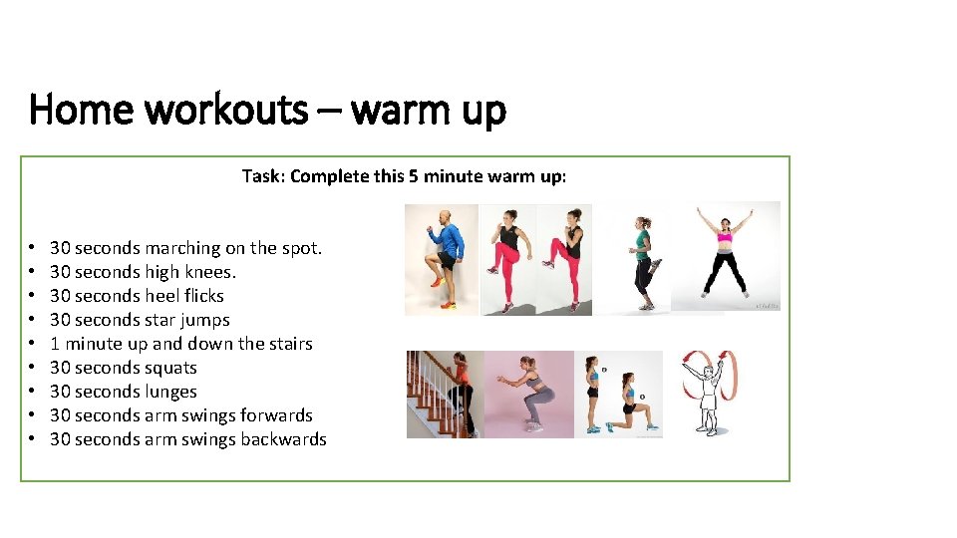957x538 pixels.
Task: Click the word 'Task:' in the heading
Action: pos(263,176)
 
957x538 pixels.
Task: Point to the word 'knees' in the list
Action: pos(207,272)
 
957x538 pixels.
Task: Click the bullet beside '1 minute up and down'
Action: pos(33,344)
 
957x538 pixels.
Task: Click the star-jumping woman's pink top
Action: pos(725,236)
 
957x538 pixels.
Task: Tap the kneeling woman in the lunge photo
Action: pos(628,403)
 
